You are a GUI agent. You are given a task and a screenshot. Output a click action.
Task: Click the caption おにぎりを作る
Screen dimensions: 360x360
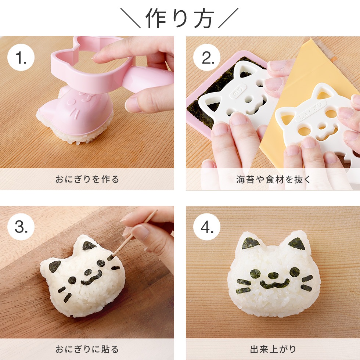(x=87, y=179)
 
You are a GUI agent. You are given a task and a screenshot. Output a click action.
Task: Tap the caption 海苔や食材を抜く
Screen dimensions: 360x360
(x=273, y=179)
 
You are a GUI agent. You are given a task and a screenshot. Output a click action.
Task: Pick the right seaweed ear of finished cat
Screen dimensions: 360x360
(x=297, y=243)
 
